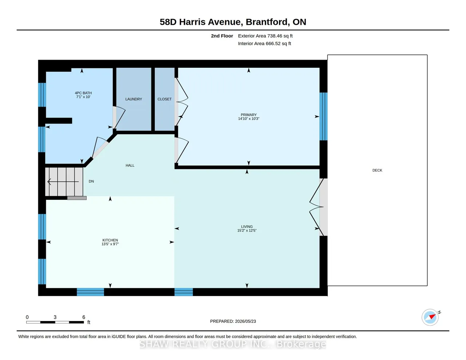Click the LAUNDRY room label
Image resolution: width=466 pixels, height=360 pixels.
[134, 99]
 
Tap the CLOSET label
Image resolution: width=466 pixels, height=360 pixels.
[165, 99]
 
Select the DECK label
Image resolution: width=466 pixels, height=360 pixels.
[377, 170]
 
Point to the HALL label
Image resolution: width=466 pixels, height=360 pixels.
[130, 165]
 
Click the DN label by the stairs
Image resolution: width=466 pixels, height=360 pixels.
[91, 181]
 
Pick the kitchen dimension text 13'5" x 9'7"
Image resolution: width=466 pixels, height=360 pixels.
[110, 244]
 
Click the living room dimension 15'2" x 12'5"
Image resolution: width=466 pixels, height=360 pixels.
[247, 230]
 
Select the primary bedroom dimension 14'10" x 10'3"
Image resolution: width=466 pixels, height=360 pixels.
[249, 119]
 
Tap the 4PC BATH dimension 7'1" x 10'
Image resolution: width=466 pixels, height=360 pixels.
[83, 97]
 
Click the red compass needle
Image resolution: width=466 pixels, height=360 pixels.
[433, 316]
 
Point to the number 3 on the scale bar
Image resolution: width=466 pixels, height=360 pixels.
[55, 317]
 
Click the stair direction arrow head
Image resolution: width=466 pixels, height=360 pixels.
[49, 182]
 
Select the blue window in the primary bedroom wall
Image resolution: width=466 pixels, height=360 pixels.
[323, 116]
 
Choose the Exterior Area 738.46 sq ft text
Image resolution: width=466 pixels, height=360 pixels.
[265, 36]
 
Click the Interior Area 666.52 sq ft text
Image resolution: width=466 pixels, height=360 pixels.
[264, 44]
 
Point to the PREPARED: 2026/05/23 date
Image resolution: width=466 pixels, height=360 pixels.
[233, 321]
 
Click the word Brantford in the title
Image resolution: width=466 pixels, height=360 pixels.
[266, 22]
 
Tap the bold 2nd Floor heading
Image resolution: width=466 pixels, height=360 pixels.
[222, 36]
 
